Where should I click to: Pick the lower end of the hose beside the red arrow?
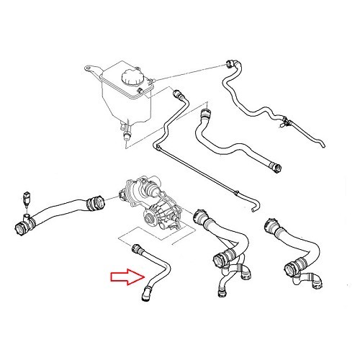point(148,292)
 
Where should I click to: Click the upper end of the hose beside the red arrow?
point(137,250)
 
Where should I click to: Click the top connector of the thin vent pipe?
point(178,93)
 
